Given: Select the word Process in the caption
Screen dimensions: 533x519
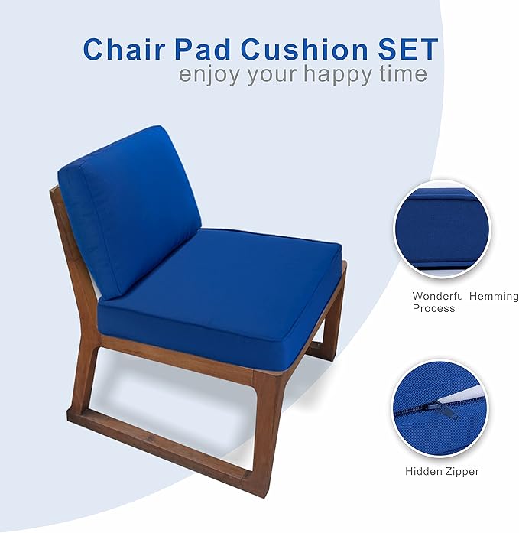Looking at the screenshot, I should (x=433, y=308).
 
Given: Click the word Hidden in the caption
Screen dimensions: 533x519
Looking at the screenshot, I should (x=423, y=472).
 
